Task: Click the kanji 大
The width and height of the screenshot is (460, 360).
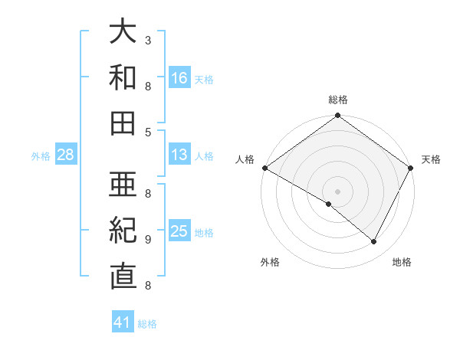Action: [123, 31]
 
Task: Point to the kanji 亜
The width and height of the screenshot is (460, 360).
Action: [123, 185]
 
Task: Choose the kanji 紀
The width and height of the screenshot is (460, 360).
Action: [123, 231]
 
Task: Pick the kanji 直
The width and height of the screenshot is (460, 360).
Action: [123, 277]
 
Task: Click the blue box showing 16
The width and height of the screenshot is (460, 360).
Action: [179, 77]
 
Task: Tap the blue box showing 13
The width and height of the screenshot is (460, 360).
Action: [179, 155]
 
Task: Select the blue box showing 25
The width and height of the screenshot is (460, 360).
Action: [179, 231]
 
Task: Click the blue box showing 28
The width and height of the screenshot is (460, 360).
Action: [66, 155]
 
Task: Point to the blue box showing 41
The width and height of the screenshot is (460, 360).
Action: [123, 322]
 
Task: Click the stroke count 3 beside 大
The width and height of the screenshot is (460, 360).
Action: [148, 40]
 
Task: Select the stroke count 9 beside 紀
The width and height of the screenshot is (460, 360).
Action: [148, 239]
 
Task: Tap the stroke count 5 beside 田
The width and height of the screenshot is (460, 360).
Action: [148, 132]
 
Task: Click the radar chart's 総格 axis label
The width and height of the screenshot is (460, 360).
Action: [338, 100]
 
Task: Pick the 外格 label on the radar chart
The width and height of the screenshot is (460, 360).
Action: [270, 262]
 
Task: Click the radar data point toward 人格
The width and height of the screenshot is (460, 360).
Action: [264, 168]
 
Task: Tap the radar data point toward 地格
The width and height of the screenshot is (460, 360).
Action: [374, 241]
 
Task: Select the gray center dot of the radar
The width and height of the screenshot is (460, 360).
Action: [338, 191]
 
